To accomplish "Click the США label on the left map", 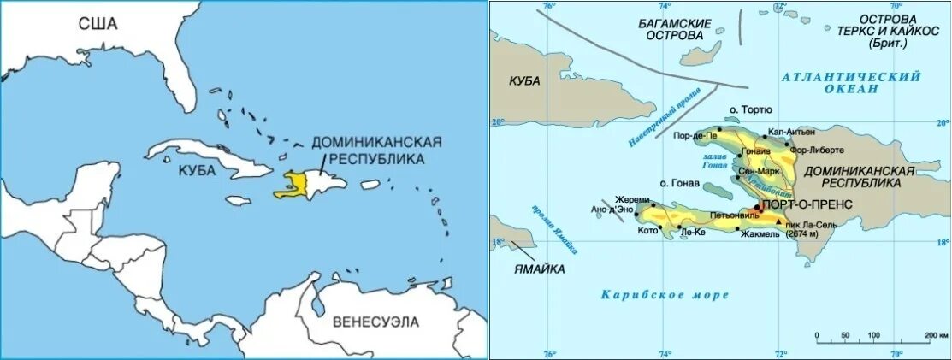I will click(x=98, y=24).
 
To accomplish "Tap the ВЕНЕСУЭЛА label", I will click(x=376, y=322).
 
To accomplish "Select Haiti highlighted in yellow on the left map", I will click(x=291, y=184).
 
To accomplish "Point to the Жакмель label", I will click(x=760, y=232).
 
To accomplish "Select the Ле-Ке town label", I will click(x=693, y=232).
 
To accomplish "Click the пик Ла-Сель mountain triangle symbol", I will click(x=778, y=221).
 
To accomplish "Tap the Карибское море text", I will click(x=665, y=295).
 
